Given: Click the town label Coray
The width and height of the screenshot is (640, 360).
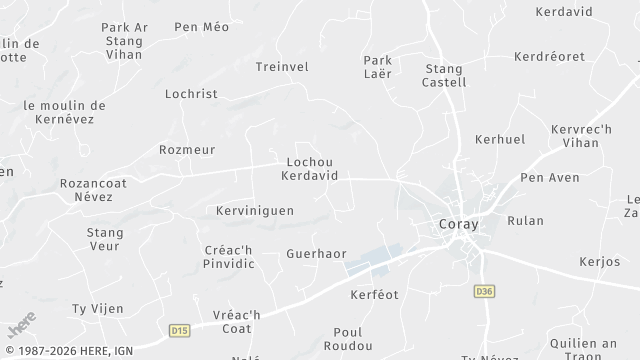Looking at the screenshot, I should click(459, 224).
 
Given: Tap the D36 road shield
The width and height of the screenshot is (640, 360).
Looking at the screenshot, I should click(485, 291).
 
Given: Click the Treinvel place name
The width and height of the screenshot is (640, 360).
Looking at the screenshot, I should click(282, 66).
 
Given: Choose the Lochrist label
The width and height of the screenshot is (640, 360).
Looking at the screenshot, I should click(190, 93).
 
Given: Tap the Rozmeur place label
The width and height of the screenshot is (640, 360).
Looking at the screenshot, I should click(187, 149).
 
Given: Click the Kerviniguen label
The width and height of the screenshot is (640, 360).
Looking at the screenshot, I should click(254, 211).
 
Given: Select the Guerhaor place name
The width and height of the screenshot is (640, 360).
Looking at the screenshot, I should click(316, 254).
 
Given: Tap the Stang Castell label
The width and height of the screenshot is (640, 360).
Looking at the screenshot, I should click(446, 75).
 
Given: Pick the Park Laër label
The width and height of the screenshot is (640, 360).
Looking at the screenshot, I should click(377, 67).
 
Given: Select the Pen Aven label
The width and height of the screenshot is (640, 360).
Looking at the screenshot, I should click(550, 178).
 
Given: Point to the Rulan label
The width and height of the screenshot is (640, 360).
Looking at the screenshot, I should click(525, 220).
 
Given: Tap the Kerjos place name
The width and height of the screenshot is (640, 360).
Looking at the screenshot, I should click(600, 261).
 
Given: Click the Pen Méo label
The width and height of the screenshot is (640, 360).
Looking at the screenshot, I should click(201, 27).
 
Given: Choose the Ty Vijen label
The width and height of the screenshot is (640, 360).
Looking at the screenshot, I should click(97, 308).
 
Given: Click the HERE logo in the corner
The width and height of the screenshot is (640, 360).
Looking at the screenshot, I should click(22, 325).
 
